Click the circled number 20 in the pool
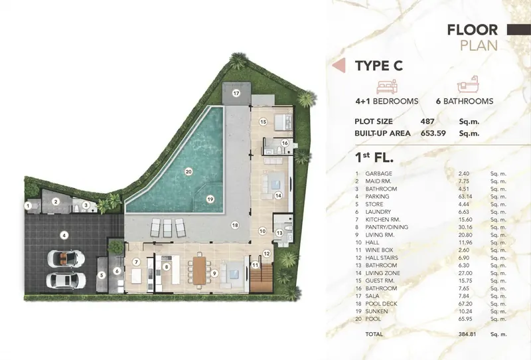pos(189,172)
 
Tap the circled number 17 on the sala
pos(236,93)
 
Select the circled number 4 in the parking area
pos(64,236)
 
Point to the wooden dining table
pos(199,271)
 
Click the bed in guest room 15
pos(283,122)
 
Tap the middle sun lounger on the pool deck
pos(167,227)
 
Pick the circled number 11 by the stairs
pos(255,265)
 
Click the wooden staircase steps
pos(262,279)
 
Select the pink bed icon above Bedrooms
pos(387,87)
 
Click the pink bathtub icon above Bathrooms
pos(468,84)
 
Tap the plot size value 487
pos(427,122)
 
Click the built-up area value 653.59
pos(433,134)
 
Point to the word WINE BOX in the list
pos(379,250)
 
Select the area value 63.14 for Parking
pos(465,197)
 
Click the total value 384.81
pos(467,334)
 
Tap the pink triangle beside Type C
pos(339,65)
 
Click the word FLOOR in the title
pos(473,30)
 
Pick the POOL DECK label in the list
pos(381,304)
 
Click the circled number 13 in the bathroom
pos(279,233)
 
